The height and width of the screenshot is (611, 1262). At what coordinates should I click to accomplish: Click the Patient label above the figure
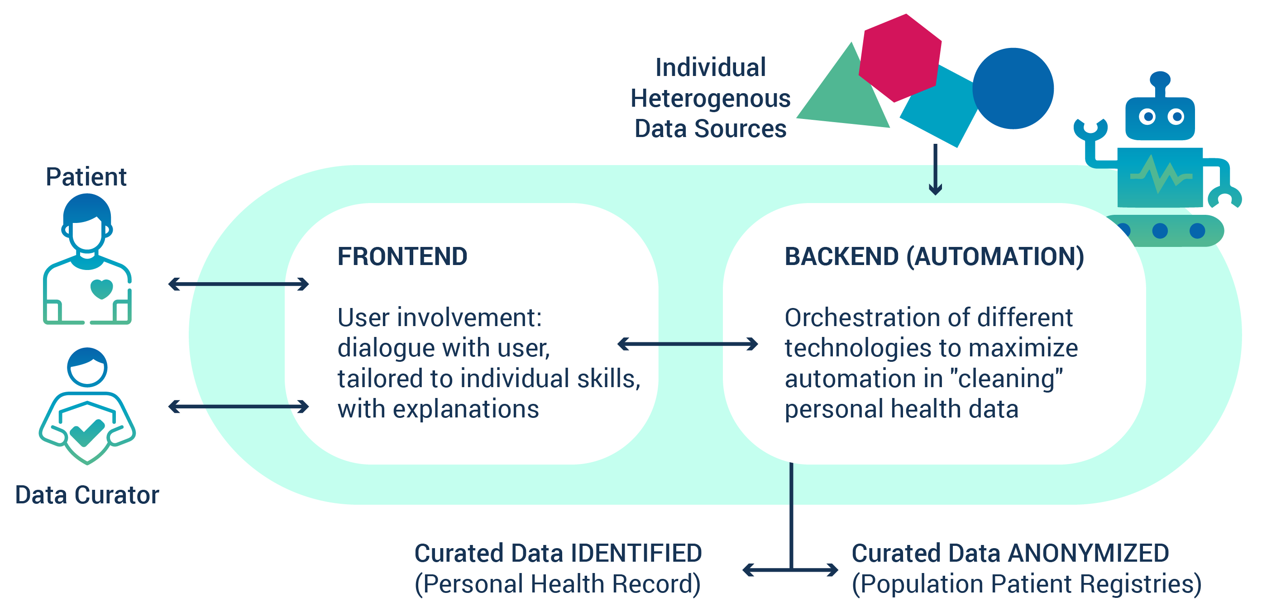coord(86,177)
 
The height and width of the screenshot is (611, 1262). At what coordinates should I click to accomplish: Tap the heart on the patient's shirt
coord(101,289)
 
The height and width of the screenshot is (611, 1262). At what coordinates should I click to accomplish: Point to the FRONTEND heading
coord(402,256)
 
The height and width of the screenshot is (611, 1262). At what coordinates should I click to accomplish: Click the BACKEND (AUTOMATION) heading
coord(934,256)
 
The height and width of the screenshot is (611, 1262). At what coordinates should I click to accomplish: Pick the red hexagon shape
coord(900,58)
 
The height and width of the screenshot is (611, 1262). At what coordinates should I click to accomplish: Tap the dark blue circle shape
coord(1013,89)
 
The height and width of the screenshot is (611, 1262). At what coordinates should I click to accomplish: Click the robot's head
coord(1160,118)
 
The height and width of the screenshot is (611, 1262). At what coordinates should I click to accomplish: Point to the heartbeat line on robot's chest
coord(1160,176)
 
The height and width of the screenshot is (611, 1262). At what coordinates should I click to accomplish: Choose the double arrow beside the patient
coord(238,284)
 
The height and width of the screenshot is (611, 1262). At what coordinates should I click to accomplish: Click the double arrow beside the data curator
coord(238,407)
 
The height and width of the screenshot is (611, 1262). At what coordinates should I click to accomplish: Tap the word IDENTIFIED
coord(636,554)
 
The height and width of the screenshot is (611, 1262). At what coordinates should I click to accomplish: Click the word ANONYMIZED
coord(1089,554)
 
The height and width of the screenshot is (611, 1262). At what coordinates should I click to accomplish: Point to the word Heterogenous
coord(710,99)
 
